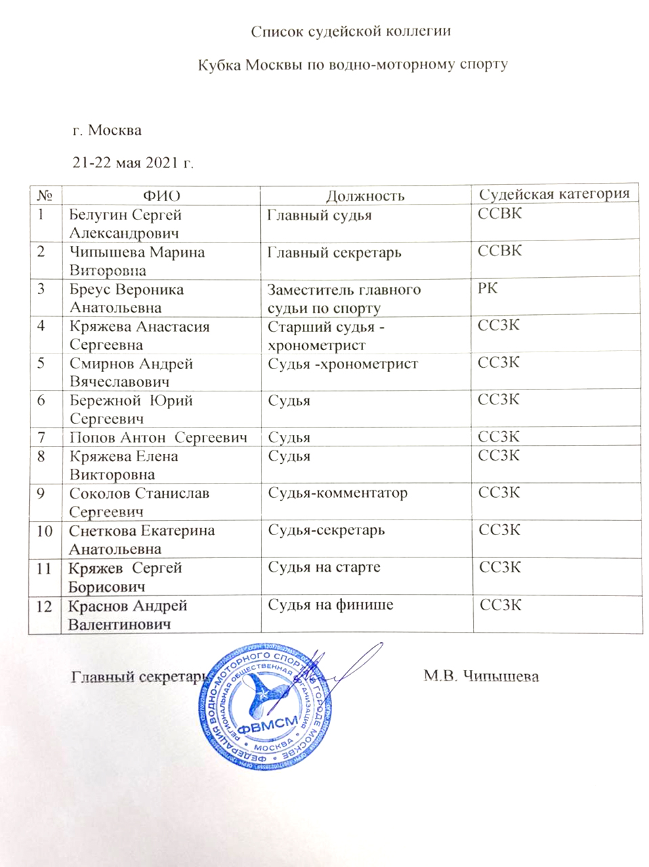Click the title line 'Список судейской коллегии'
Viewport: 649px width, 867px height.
(x=351, y=31)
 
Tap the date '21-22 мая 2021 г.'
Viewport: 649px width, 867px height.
(x=133, y=163)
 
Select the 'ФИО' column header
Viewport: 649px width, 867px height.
(x=162, y=196)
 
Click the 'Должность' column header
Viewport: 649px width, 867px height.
(x=365, y=196)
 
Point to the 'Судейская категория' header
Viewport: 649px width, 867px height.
(x=554, y=194)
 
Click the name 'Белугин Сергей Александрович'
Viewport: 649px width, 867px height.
(x=125, y=224)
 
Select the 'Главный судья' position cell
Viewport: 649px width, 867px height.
(x=319, y=215)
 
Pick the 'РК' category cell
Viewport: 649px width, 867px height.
(x=488, y=288)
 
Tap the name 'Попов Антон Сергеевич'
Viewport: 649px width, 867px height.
(x=158, y=438)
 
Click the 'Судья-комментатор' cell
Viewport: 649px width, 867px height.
(x=337, y=493)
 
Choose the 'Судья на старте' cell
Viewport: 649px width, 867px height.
(x=324, y=568)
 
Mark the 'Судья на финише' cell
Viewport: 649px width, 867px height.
(x=330, y=605)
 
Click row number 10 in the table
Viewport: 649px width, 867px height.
(x=44, y=531)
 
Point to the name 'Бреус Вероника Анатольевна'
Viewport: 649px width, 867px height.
(x=126, y=299)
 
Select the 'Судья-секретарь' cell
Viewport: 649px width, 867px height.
(x=326, y=530)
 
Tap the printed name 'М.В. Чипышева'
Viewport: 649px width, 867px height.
(x=481, y=676)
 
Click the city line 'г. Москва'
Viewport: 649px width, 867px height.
(x=107, y=130)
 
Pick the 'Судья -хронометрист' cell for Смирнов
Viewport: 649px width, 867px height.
(x=343, y=364)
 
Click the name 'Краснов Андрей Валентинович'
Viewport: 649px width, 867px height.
(x=127, y=614)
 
